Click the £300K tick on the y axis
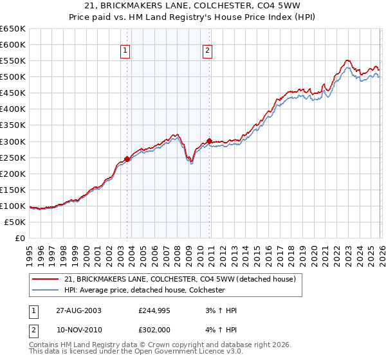coord(13,141)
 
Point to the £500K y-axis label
coord(13,77)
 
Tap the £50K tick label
coord(15,222)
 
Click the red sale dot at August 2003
coord(127,159)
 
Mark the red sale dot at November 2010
coord(209,141)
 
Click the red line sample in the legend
coord(46,279)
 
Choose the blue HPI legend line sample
coord(46,290)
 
